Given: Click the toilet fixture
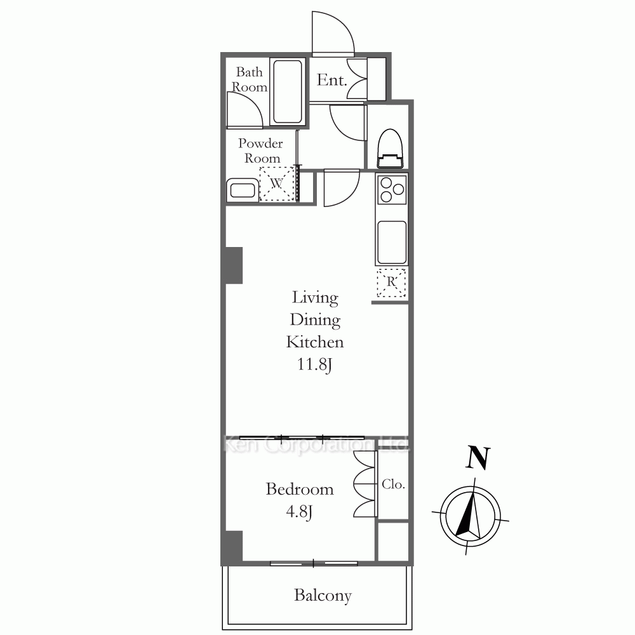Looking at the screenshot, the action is coord(391,148).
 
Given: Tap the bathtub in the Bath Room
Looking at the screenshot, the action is coord(288,91).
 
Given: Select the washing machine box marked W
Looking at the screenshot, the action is coord(277,184).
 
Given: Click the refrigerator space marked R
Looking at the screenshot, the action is coord(391,283).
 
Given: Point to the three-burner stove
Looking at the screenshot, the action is coord(392,189).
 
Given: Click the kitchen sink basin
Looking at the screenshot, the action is coord(392,243).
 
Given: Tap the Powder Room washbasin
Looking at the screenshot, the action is coord(243,190).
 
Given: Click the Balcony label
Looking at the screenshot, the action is coord(323,596).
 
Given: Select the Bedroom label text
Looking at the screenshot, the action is coord(300,489).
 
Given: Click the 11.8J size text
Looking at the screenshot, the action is coord(315,364).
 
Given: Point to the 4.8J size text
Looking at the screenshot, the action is coord(299,512).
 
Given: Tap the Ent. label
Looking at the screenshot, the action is coord(331,80).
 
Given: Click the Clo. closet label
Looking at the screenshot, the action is coord(393,484).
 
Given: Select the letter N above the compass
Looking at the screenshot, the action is coord(478,457).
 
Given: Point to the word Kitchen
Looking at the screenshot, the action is coord(315,342).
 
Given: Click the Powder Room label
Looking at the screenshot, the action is coord(261,150).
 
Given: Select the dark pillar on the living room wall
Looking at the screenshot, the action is coord(234,265).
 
